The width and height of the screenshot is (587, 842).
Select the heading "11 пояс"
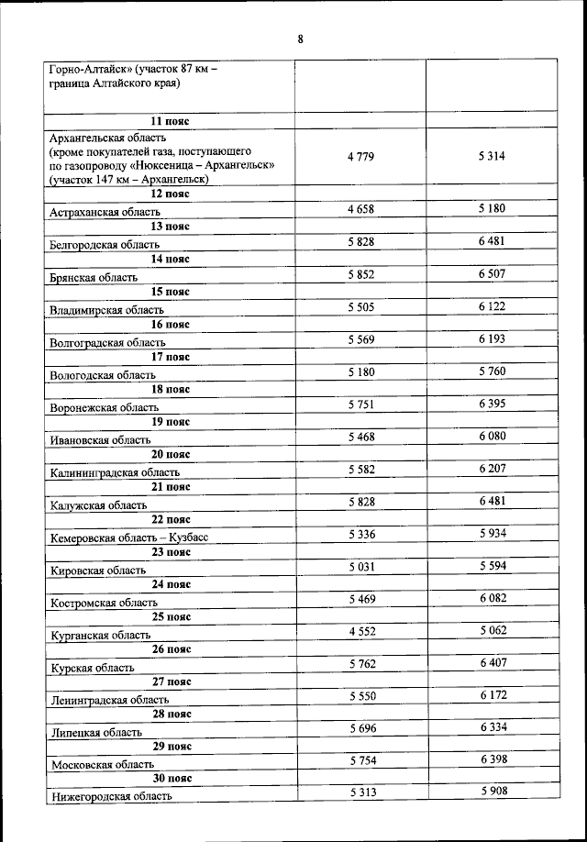point(171,121)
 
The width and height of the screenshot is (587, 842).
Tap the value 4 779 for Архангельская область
point(360,157)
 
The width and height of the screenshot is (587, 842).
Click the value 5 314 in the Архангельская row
point(492,157)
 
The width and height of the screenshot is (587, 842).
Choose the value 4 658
point(360,209)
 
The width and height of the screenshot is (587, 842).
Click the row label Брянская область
point(94,277)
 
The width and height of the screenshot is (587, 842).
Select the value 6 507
point(492,274)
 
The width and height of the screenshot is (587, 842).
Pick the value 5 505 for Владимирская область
point(360,306)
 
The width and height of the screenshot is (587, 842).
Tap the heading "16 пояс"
point(171,325)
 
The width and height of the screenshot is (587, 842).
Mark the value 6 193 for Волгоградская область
point(492,339)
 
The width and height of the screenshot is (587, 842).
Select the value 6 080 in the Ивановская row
point(492,437)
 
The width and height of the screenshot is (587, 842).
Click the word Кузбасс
point(190,537)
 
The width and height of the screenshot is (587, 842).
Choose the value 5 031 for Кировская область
point(360,567)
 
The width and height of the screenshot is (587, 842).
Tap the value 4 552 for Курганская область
point(360,631)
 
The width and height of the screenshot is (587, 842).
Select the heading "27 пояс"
point(172,681)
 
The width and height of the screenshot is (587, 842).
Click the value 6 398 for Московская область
point(492,761)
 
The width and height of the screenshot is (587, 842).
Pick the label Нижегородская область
point(112,797)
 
